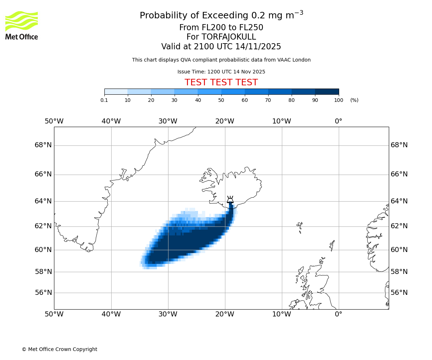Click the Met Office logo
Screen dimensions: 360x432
22,25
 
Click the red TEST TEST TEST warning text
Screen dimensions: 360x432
221,82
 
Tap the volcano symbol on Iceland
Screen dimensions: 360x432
230,200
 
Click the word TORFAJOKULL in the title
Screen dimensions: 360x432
229,37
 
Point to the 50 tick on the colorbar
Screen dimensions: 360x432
221,100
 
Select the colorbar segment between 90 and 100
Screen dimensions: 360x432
327,91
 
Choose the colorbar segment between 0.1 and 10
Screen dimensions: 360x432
116,91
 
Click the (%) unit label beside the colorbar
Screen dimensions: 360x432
354,100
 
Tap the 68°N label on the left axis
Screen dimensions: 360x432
43,145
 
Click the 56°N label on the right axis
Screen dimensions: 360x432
399,293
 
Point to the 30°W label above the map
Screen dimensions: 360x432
168,121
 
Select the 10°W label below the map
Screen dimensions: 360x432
282,314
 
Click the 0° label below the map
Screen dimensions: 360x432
338,314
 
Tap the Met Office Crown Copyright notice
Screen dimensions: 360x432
59,349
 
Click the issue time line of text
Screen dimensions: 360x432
221,72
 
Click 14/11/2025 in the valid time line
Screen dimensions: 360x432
258,47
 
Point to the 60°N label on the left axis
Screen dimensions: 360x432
43,250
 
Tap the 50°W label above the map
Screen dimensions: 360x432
54,121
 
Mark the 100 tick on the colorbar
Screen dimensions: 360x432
338,100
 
